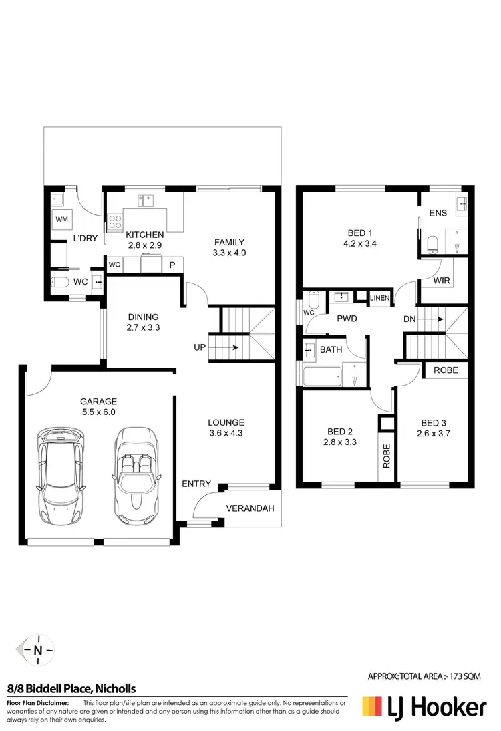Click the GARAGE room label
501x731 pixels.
(98, 402)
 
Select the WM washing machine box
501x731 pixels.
(62, 219)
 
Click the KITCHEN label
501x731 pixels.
(144, 235)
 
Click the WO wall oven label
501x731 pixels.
(115, 265)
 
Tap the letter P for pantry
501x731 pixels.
(172, 265)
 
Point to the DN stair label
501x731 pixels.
(409, 319)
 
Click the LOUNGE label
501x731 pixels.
(226, 422)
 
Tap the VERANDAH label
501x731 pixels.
(251, 508)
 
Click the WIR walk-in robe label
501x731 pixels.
(442, 281)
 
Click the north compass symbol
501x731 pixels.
(38, 650)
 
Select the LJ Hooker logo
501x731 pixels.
(424, 706)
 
